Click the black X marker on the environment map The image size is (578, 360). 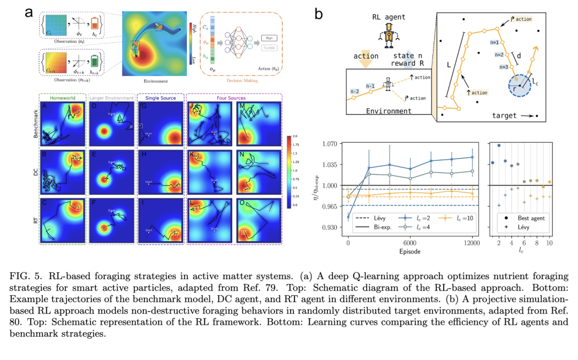point(136,55)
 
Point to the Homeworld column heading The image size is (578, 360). point(62,98)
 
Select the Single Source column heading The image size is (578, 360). point(160,98)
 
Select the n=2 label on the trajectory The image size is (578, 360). point(498,55)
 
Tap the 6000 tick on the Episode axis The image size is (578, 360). point(410,244)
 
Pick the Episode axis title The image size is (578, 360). point(410,251)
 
